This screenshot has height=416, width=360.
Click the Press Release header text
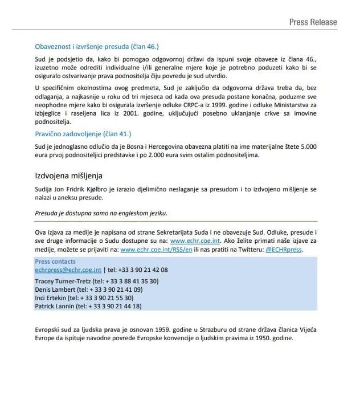coord(313,22)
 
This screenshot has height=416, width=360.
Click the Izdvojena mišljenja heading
coord(68,176)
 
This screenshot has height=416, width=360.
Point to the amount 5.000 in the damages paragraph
coord(308,146)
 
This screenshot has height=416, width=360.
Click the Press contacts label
coord(55,262)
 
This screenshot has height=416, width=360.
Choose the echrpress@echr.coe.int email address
coord(68,270)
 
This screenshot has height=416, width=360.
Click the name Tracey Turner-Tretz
coord(63,281)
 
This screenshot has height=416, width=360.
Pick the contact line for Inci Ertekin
coord(84,297)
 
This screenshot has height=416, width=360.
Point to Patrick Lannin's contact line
coord(88,306)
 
